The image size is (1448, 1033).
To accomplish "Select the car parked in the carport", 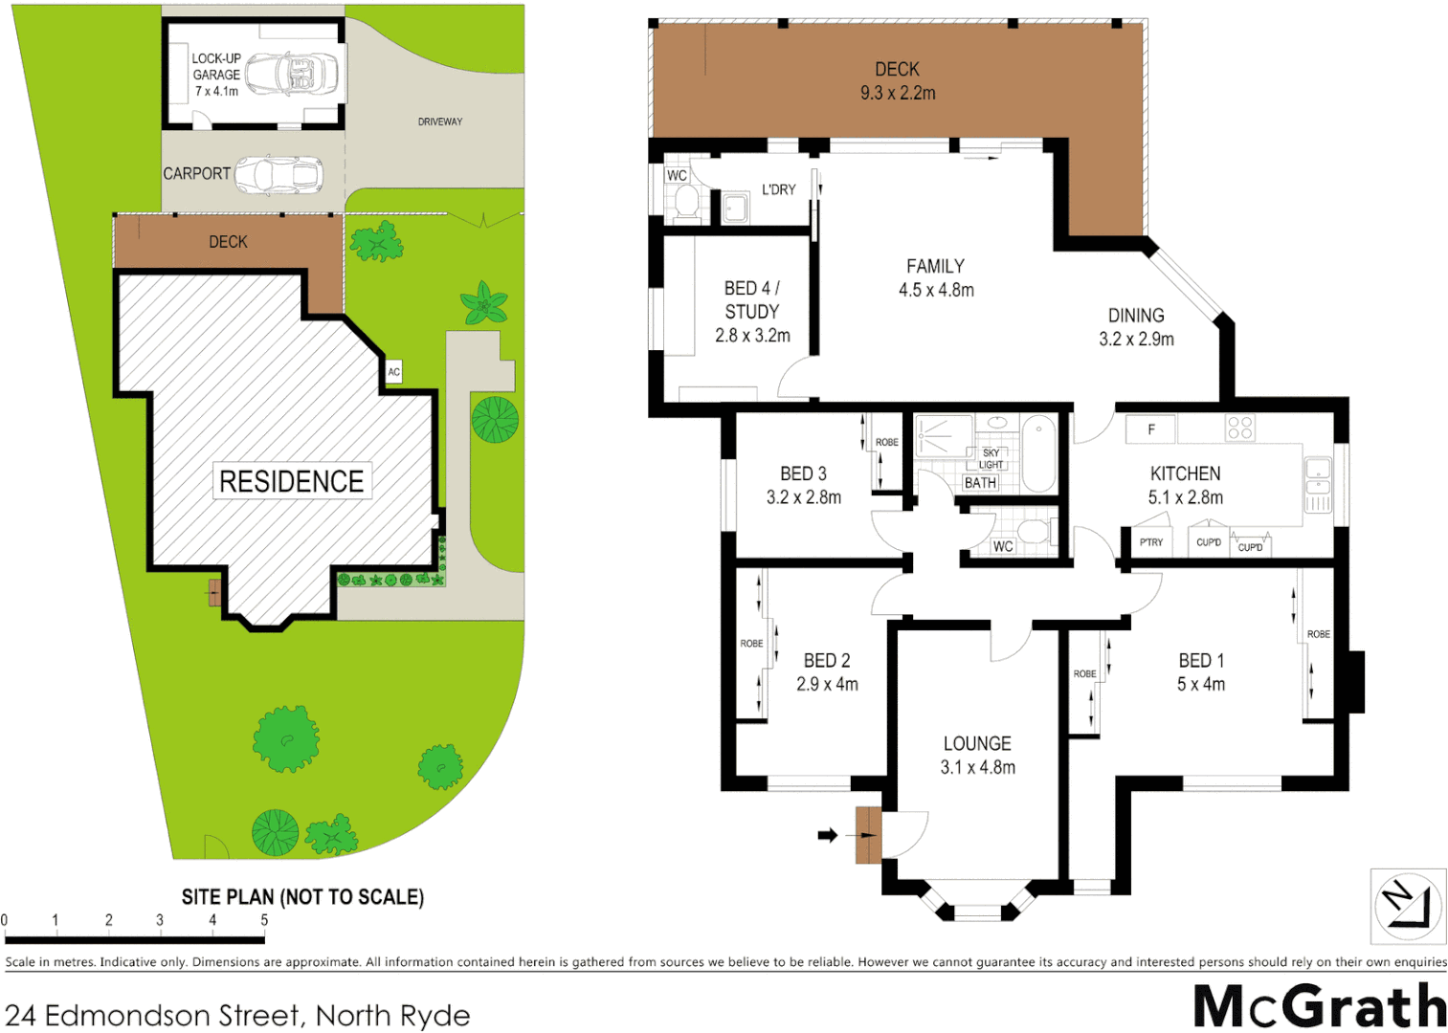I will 278,174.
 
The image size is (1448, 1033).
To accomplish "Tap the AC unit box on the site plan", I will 393,372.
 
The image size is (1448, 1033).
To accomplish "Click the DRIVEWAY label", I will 439,121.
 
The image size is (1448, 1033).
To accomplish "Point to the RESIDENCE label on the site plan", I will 291,481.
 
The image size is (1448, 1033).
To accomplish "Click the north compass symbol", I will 1407,905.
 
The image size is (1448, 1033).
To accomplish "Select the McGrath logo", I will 1319,1006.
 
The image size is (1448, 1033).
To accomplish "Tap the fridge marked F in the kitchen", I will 1150,429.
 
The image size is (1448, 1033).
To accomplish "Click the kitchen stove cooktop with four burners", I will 1239,428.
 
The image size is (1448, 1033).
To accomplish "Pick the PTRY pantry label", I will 1150,542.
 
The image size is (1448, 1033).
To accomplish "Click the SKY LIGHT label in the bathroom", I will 991,458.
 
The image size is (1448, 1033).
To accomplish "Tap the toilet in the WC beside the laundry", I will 686,202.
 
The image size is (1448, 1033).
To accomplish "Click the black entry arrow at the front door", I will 827,835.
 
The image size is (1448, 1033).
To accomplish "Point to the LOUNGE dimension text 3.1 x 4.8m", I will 977,767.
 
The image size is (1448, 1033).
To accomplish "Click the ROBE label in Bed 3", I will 886,442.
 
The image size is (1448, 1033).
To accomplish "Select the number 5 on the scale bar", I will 264,920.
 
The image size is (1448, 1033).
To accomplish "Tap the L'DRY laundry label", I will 778,189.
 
